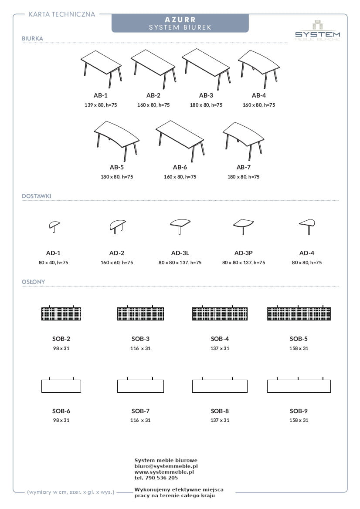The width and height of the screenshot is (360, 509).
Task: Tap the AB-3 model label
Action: (206, 95)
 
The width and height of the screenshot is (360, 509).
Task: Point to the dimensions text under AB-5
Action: (117, 177)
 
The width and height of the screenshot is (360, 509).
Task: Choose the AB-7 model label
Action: (243, 167)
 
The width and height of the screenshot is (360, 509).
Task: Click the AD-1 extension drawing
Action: (54, 226)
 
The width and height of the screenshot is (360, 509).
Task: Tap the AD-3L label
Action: (180, 253)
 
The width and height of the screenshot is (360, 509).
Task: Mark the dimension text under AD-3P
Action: (244, 263)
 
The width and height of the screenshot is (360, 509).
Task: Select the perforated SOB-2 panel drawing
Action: (61, 313)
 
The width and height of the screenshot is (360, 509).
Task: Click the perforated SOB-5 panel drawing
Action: (299, 313)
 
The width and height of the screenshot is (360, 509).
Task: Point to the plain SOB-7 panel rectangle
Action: (140, 386)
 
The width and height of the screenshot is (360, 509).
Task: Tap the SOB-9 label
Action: (299, 411)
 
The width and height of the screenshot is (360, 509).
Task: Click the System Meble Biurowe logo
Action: (318, 31)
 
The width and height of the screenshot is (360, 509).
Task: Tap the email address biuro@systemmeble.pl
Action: (166, 466)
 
